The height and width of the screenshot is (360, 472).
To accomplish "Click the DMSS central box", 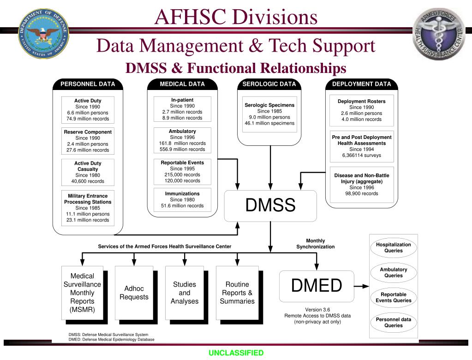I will click(x=270, y=206).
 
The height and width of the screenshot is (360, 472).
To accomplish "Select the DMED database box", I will click(x=317, y=286).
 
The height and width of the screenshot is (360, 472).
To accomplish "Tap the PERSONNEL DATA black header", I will click(x=88, y=84).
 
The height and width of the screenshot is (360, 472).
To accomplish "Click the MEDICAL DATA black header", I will click(x=182, y=84).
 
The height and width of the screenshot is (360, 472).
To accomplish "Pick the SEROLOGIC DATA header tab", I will click(x=269, y=84).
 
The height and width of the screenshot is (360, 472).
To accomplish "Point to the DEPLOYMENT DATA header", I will click(x=361, y=84).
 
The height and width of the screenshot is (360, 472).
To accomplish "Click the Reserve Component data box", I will click(x=88, y=141).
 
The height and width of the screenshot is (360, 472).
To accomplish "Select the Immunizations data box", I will click(x=182, y=200).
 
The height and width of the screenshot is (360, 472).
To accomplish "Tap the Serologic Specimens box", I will click(x=269, y=114).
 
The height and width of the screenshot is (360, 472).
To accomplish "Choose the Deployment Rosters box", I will click(x=361, y=110).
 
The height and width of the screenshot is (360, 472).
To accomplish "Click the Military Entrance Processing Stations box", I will click(x=88, y=208).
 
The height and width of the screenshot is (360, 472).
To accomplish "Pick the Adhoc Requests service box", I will click(x=134, y=293).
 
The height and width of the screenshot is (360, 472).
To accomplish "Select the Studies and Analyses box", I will click(x=185, y=293).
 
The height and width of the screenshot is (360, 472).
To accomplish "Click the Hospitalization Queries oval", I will click(x=394, y=248).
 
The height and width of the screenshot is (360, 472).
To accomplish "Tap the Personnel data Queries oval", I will click(x=394, y=323).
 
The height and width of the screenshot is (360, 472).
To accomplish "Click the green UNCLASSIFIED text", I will click(x=236, y=353).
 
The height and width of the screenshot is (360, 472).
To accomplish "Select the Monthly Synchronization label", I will click(x=316, y=244).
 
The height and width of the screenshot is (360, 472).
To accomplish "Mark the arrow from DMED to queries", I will click(x=362, y=287).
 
